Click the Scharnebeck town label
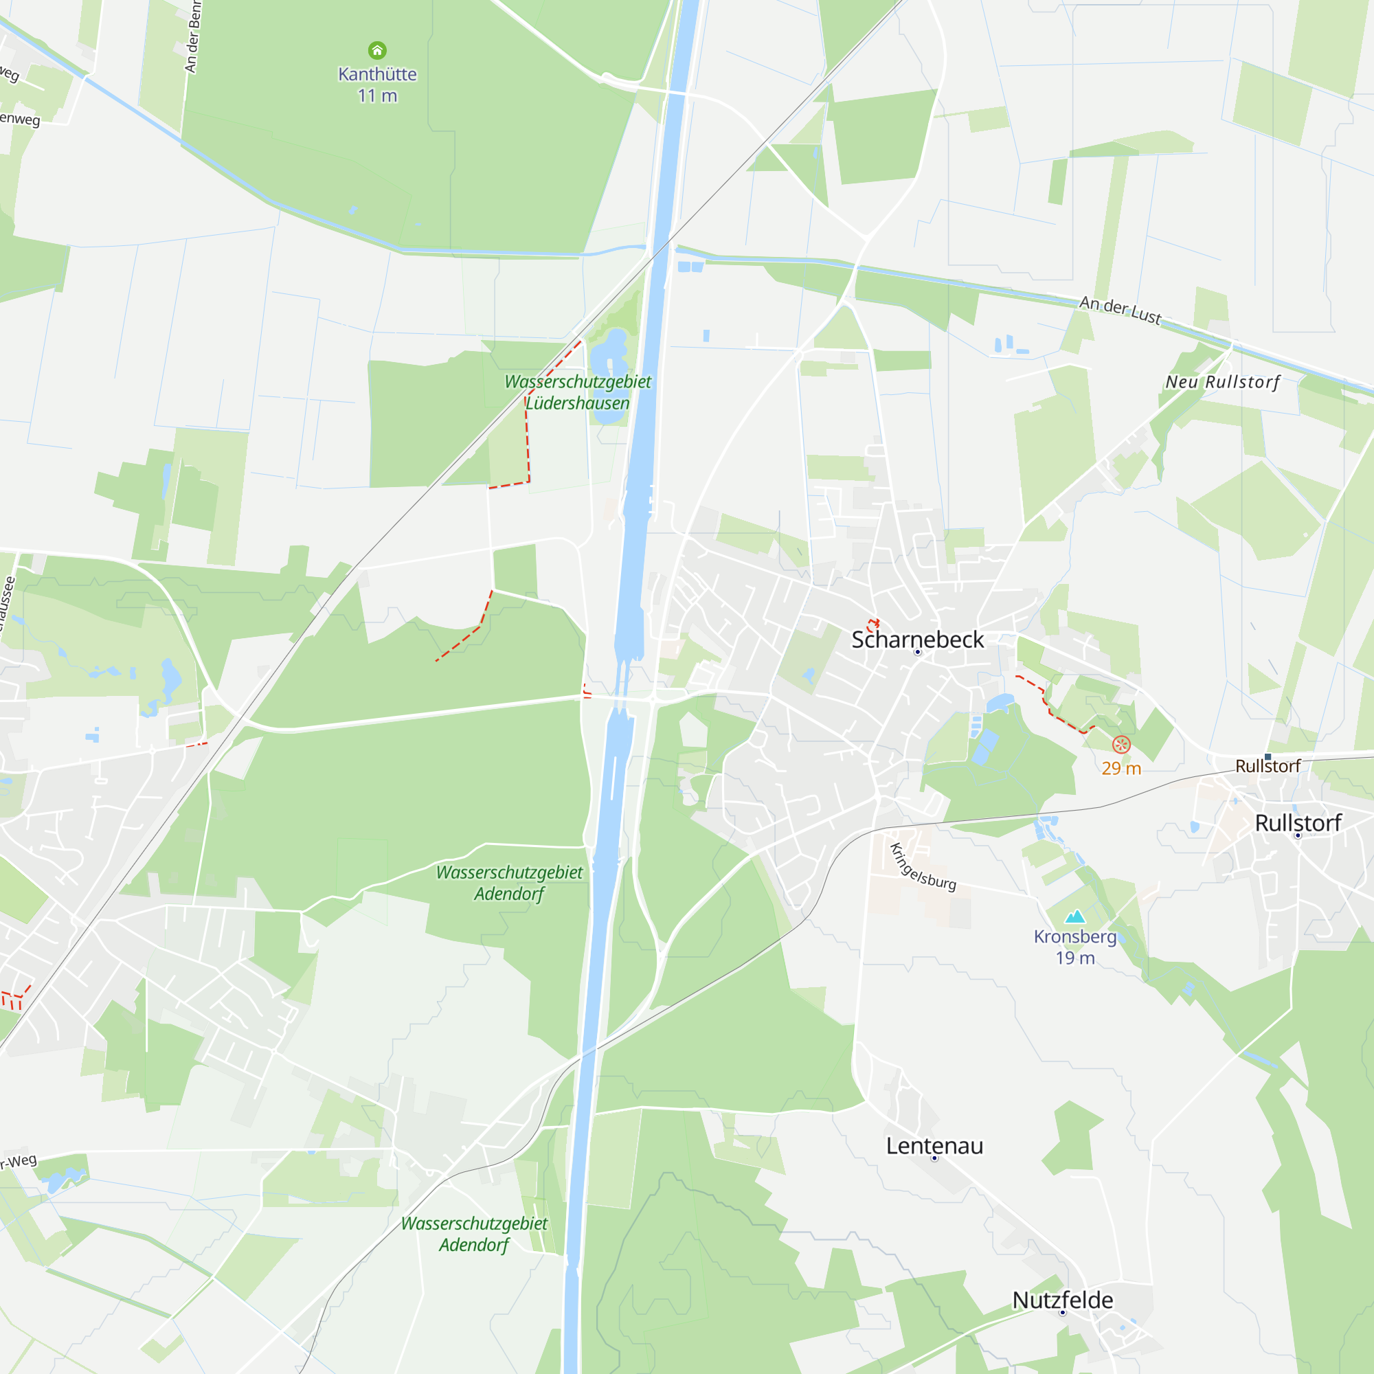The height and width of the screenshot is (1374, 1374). (x=916, y=640)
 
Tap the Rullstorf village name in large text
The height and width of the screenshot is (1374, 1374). (x=1298, y=823)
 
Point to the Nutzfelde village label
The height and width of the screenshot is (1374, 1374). (x=1063, y=1300)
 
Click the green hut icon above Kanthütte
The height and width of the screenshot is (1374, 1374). (x=377, y=50)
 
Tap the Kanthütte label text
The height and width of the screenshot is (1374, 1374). (x=377, y=74)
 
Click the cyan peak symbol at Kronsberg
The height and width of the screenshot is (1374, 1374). (x=1074, y=916)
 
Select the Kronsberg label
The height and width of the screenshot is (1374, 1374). (x=1074, y=936)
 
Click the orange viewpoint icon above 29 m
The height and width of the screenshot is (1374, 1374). (x=1120, y=745)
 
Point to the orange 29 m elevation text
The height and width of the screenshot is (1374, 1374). (x=1120, y=768)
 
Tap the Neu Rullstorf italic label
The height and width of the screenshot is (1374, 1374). (x=1221, y=382)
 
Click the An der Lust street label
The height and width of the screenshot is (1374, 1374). (x=1120, y=309)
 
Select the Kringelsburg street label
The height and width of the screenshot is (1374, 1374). (x=923, y=867)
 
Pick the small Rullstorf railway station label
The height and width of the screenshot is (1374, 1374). (x=1268, y=766)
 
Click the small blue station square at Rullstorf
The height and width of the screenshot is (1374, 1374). (x=1268, y=756)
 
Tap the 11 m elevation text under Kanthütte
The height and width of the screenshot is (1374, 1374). (x=377, y=96)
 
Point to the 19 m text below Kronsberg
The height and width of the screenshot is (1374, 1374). (x=1074, y=958)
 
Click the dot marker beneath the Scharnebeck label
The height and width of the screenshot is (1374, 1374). (x=917, y=652)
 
